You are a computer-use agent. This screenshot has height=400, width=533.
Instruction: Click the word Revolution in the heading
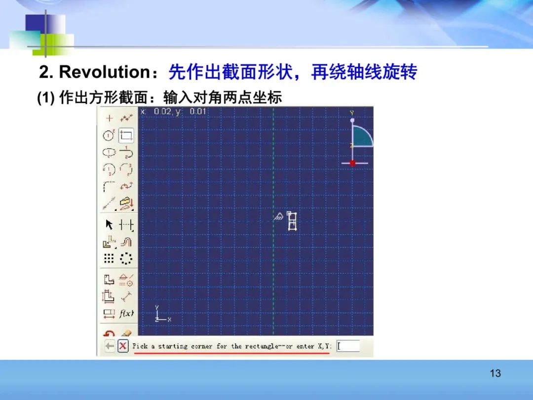click(104, 72)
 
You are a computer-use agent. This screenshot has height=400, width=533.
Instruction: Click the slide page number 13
click(495, 373)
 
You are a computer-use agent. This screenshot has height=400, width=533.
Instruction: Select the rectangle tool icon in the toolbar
click(126, 135)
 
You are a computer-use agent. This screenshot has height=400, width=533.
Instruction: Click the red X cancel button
click(123, 346)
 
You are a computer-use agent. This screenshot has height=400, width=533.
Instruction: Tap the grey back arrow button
click(110, 346)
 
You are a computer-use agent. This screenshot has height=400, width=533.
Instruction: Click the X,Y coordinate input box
click(348, 346)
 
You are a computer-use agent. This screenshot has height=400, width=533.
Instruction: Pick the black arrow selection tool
click(109, 225)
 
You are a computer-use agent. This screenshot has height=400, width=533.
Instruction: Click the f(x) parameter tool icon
click(126, 313)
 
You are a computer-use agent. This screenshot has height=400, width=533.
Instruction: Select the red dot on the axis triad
click(352, 163)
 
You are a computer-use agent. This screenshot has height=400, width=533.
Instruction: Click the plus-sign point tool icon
click(109, 118)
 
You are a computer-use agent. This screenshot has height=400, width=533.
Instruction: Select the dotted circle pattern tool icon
click(126, 258)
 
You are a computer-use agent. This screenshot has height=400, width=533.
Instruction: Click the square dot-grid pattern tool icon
click(109, 258)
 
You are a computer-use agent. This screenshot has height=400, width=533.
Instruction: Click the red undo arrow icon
click(109, 334)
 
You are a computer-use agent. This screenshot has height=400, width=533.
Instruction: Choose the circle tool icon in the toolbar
click(109, 135)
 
